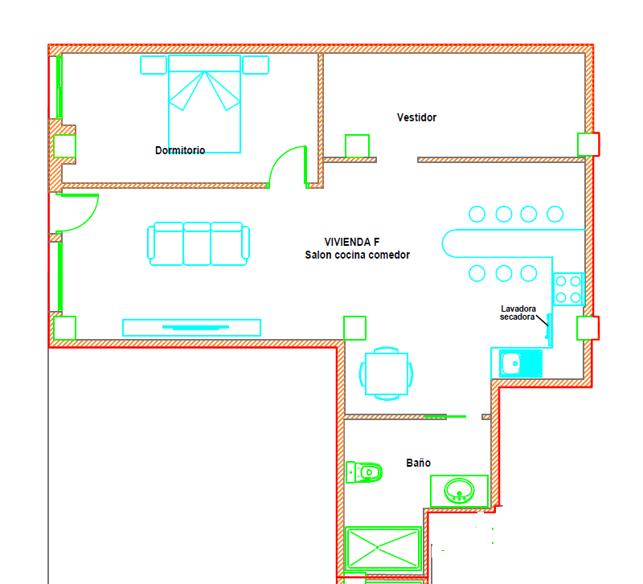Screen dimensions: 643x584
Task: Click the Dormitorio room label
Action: [x=180, y=150]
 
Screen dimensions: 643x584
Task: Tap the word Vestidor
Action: [x=416, y=117]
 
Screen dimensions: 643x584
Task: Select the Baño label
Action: [x=418, y=463]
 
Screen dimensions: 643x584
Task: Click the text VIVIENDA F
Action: [x=352, y=242]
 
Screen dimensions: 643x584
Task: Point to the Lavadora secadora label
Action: [x=518, y=312]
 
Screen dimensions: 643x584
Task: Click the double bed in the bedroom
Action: [x=205, y=104]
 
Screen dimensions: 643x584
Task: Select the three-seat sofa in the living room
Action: [x=199, y=244]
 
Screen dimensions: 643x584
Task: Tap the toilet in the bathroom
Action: [x=364, y=472]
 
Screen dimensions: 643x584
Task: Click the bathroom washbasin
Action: [x=459, y=491]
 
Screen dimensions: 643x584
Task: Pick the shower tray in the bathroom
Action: [x=383, y=549]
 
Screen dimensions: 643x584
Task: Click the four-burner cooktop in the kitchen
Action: [x=568, y=289]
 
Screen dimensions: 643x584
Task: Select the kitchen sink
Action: [x=521, y=363]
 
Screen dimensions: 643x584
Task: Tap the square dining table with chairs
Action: [x=387, y=374]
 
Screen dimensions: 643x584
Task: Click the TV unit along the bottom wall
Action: [x=191, y=328]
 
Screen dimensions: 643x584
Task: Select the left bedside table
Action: [x=154, y=65]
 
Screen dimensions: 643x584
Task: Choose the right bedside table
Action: [x=256, y=65]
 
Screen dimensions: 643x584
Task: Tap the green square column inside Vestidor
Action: [x=357, y=146]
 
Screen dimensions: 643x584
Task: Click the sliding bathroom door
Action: [x=445, y=416]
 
